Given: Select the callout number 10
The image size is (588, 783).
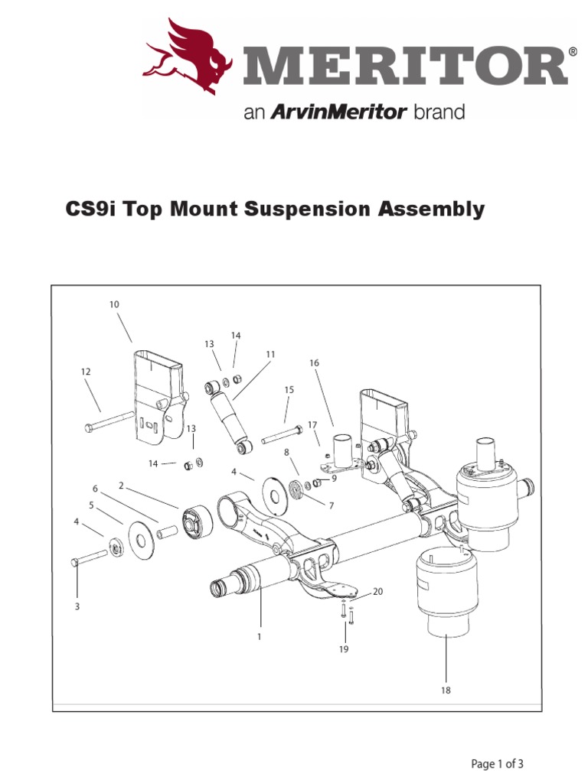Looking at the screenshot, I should [114, 304].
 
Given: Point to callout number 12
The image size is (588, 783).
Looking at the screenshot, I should [86, 372].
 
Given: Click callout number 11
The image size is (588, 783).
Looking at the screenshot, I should [269, 355].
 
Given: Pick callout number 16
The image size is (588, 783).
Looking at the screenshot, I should [313, 362].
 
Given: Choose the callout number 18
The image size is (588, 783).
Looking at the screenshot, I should [446, 690].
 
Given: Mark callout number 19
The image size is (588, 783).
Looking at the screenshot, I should [344, 649].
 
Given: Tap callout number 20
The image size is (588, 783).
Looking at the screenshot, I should [377, 592].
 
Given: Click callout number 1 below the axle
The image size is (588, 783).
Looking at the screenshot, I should [260, 636].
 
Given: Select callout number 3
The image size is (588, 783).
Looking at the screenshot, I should [77, 606].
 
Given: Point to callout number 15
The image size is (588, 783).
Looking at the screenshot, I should [289, 390].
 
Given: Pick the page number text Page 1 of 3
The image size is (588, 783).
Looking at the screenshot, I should [497, 763].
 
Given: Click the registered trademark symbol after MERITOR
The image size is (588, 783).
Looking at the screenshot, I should [573, 52].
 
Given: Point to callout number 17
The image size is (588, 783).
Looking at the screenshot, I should [312, 424].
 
